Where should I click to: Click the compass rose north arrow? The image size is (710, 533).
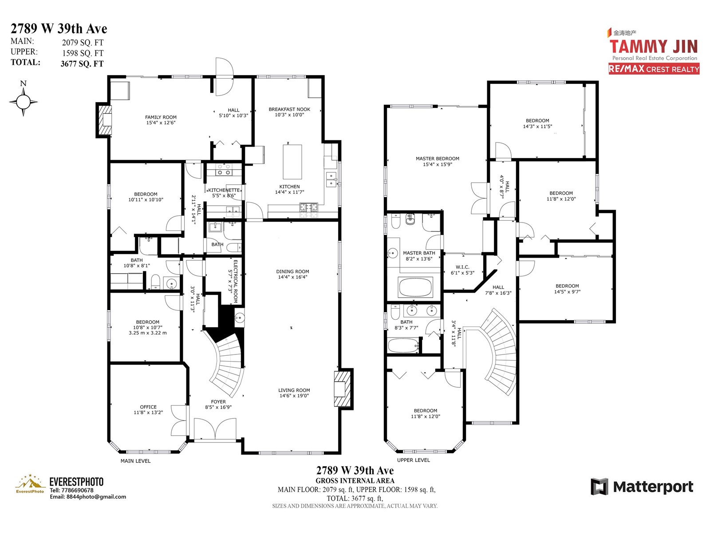(23, 102)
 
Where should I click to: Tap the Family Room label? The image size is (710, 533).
(161, 117)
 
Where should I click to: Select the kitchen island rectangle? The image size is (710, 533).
(292, 162)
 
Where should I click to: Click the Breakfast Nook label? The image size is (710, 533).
(289, 109)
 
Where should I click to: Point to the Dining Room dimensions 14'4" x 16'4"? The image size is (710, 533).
(293, 277)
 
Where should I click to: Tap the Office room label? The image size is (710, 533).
(148, 407)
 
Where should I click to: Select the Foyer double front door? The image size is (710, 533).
(215, 429)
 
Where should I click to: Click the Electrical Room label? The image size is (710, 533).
(233, 281)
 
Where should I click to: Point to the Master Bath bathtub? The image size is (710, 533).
(415, 287)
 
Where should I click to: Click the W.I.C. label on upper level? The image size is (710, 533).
(462, 267)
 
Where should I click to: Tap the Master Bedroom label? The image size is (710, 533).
(438, 159)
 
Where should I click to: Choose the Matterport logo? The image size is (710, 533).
(642, 487)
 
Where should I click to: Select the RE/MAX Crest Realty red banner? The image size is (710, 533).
(654, 69)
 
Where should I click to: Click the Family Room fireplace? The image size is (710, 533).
(104, 120)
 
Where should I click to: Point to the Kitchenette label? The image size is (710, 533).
(224, 190)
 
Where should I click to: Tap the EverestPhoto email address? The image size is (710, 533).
(88, 497)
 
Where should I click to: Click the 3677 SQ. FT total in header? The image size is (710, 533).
(82, 64)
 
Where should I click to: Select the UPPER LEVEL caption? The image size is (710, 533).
(414, 460)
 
